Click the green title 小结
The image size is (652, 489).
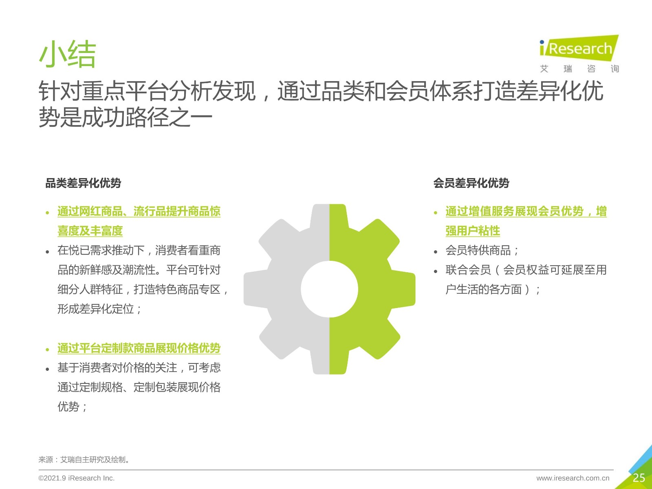coord(67,55)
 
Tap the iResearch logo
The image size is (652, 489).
coord(579,48)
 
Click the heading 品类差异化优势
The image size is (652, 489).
coord(83,183)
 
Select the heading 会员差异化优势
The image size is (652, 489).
coord(471,183)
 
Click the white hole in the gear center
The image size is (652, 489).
coord(329,289)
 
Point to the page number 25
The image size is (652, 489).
coord(639,478)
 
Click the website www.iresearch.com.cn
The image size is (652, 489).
coord(573,478)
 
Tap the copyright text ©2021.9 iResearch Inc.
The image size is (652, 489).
coord(76,478)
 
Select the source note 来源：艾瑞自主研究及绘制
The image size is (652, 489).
coord(84,460)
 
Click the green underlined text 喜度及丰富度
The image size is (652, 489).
coord(90,231)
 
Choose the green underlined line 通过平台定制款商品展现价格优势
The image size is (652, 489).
coord(139,348)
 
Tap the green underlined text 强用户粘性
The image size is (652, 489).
coord(473,231)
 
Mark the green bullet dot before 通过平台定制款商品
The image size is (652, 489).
coord(48,350)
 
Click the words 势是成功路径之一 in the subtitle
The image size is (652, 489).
coord(126,117)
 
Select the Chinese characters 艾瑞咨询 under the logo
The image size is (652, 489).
coord(579,69)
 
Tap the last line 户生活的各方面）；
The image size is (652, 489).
coord(493,289)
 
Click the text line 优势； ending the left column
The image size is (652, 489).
coord(72,407)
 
